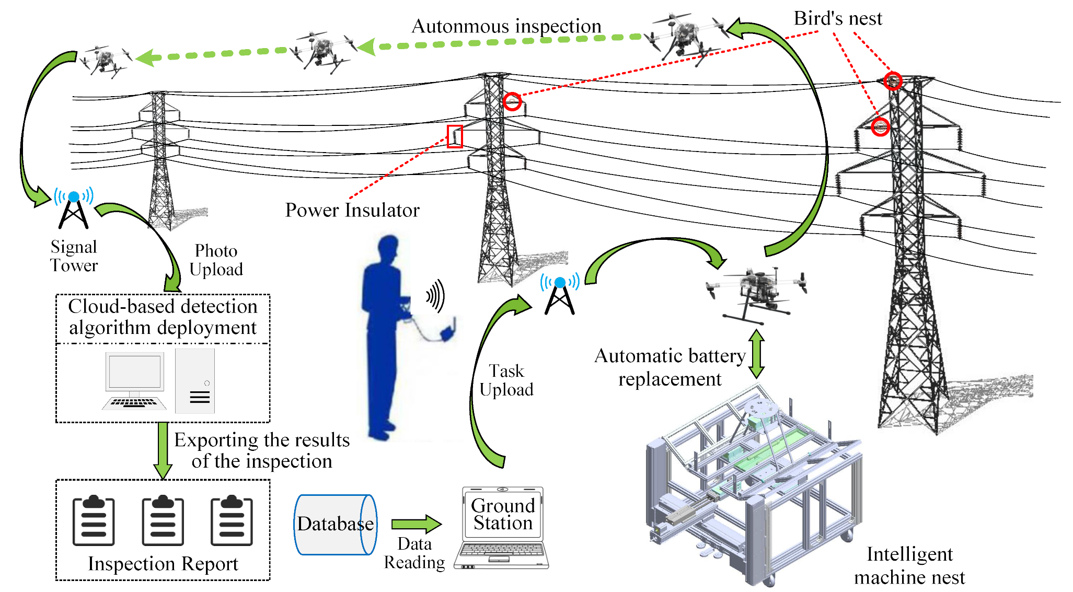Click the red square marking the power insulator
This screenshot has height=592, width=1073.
pyautogui.click(x=455, y=136)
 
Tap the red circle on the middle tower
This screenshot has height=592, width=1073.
pyautogui.click(x=512, y=101)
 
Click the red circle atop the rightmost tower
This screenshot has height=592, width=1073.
pyautogui.click(x=893, y=81)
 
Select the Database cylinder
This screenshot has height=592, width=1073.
pyautogui.click(x=335, y=524)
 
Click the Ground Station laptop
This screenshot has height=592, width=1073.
pyautogui.click(x=502, y=528)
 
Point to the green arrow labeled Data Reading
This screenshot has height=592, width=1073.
pyautogui.click(x=417, y=524)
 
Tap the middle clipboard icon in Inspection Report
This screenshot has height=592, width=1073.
pyautogui.click(x=163, y=520)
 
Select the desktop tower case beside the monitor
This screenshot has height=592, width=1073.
pyautogui.click(x=195, y=380)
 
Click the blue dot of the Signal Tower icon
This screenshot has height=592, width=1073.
pyautogui.click(x=74, y=197)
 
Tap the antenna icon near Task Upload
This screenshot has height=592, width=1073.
pyautogui.click(x=560, y=294)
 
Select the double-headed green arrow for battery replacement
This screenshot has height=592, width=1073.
pyautogui.click(x=756, y=354)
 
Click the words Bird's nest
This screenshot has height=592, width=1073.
pyautogui.click(x=837, y=19)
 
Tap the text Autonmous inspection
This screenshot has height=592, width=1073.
pyautogui.click(x=506, y=26)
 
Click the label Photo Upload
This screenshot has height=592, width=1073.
pyautogui.click(x=216, y=260)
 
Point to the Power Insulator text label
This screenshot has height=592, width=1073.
pyautogui.click(x=352, y=210)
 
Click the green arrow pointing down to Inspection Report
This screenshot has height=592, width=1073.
pyautogui.click(x=163, y=450)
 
